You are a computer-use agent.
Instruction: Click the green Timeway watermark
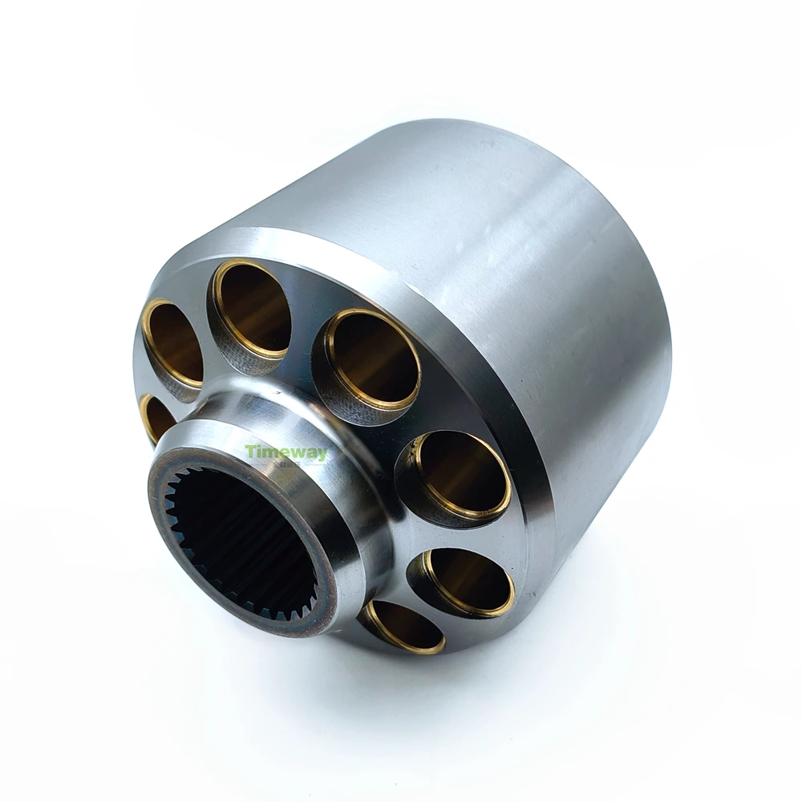point(286,454)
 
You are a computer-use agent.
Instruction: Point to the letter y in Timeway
point(321,456)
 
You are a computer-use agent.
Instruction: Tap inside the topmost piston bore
point(253,309)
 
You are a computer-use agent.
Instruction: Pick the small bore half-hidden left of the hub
point(157,417)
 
